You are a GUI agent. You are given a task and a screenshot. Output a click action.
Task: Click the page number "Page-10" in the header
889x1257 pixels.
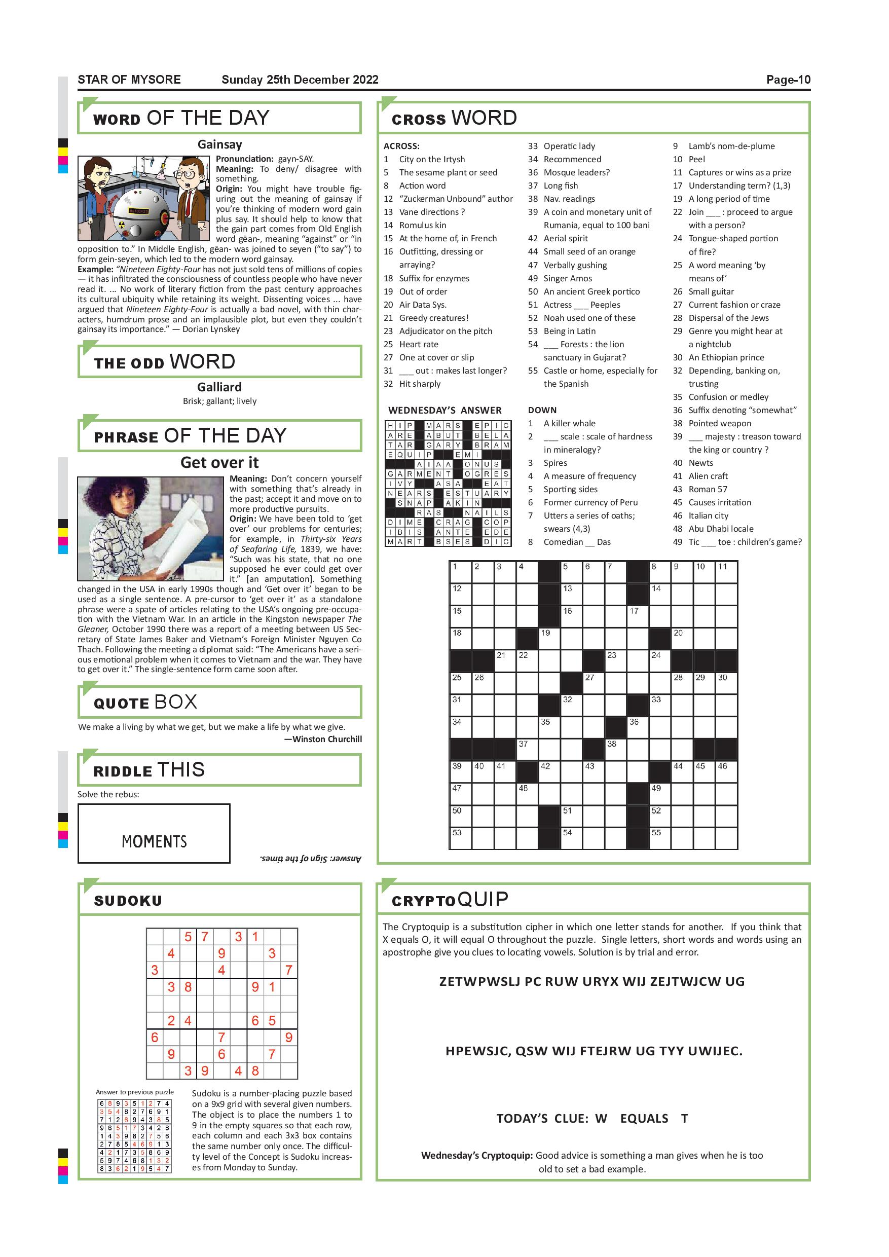tap(788, 80)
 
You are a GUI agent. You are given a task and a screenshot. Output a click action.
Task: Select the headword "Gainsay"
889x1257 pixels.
tap(219, 144)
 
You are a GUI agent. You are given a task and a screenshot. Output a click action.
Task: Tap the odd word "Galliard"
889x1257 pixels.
tap(219, 387)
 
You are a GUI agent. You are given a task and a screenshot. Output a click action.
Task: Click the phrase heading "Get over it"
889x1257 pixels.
tap(219, 463)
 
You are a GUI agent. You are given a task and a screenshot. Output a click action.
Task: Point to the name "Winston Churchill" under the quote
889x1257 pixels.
tap(327, 739)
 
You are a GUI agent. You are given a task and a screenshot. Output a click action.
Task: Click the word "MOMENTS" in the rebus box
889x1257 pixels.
tap(155, 841)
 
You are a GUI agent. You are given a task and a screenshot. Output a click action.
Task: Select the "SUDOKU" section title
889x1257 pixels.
tap(128, 901)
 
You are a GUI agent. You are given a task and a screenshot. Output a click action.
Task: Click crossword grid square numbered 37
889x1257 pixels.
tap(527, 749)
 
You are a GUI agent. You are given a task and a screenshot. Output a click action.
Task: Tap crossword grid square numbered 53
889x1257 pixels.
tap(460, 838)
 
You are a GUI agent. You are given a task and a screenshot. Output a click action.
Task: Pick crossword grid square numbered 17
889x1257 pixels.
tap(638, 616)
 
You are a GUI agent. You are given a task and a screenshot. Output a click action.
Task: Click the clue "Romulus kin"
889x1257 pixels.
tap(423, 225)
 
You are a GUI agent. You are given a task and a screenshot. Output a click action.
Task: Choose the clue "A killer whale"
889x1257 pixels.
tap(569, 423)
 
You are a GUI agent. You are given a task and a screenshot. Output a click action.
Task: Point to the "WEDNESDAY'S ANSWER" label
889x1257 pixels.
tap(444, 410)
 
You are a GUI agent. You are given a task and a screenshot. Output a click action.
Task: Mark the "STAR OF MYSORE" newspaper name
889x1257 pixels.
tap(129, 80)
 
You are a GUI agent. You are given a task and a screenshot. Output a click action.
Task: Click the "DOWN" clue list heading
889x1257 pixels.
tap(542, 410)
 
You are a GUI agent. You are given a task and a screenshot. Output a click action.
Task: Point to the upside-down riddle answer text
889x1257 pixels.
tap(310, 859)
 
